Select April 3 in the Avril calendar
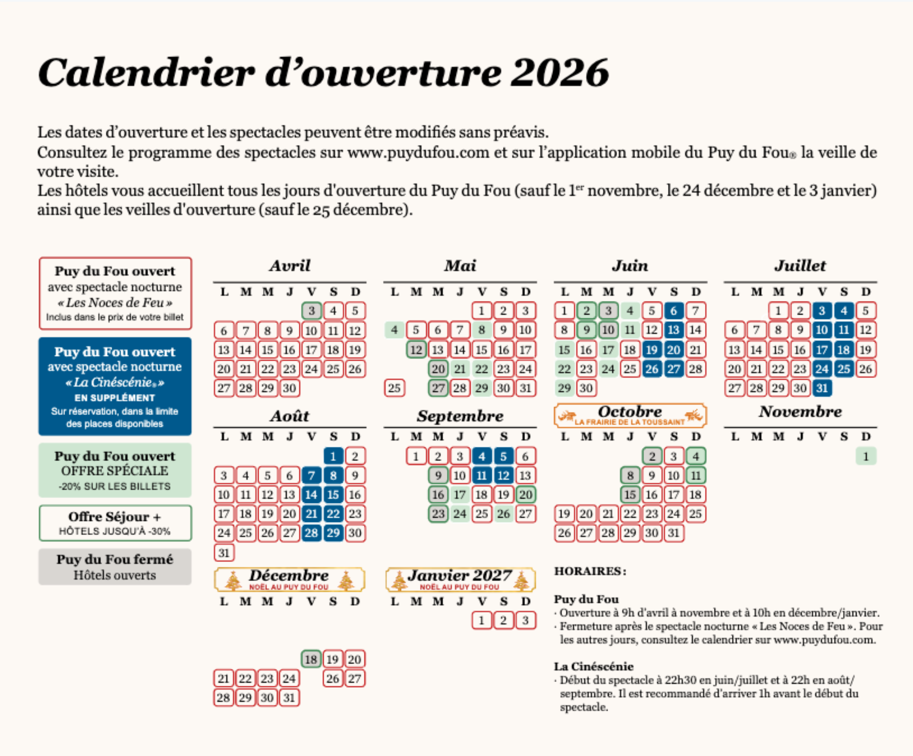coord(311,311)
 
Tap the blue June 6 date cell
coord(673,311)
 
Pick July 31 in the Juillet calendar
coord(822,388)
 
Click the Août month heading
coord(289,416)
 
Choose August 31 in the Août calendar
coord(224,552)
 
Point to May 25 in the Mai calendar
coord(394,388)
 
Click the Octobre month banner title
coord(629,412)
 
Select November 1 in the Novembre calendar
coord(865,456)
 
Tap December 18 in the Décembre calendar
coord(311,659)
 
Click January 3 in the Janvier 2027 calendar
coord(525,620)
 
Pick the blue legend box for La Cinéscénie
coord(115,386)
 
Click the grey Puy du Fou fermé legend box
coord(115,566)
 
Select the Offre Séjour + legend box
coord(115,523)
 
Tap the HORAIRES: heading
coord(590,571)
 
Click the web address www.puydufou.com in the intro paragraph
coord(418,152)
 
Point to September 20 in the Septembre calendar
coord(525,494)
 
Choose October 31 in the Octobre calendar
coord(673,533)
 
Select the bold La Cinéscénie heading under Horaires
coord(593,666)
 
